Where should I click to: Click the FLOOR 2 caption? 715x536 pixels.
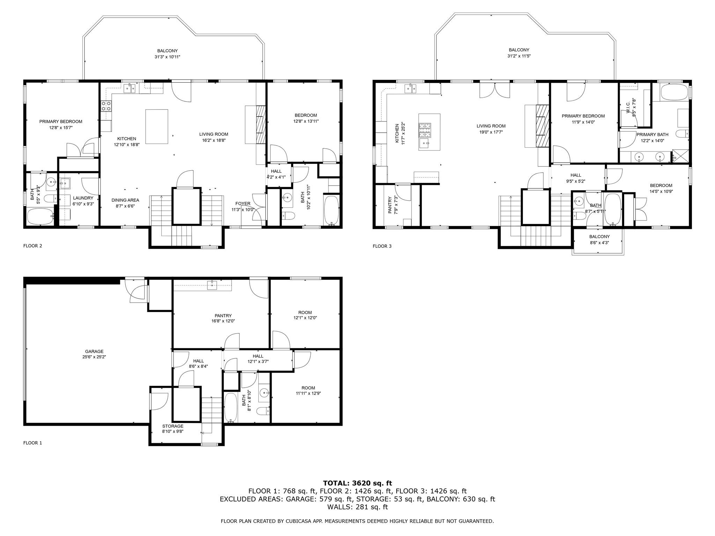pos(33,246)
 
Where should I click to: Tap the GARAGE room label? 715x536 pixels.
pos(94,351)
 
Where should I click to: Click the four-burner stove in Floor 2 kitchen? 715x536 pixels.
pos(106,106)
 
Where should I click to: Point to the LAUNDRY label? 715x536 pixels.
pos(83,198)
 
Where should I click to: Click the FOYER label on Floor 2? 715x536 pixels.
pos(243,204)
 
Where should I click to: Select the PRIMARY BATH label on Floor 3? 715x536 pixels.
pos(652,135)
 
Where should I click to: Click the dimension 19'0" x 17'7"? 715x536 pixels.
pos(491,132)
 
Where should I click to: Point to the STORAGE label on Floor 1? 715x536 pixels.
pos(173,426)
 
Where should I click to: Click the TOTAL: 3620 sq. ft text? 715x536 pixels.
pos(357,483)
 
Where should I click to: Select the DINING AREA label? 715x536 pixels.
pos(125,200)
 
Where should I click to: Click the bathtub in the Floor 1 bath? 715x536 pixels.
pos(231,408)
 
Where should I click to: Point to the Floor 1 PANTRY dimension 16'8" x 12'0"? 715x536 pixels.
pos(223,321)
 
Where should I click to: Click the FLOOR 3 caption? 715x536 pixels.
pos(382,246)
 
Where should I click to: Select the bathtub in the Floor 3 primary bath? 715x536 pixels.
pos(675,92)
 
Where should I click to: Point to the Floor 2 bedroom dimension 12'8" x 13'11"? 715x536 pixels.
pos(306,121)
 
